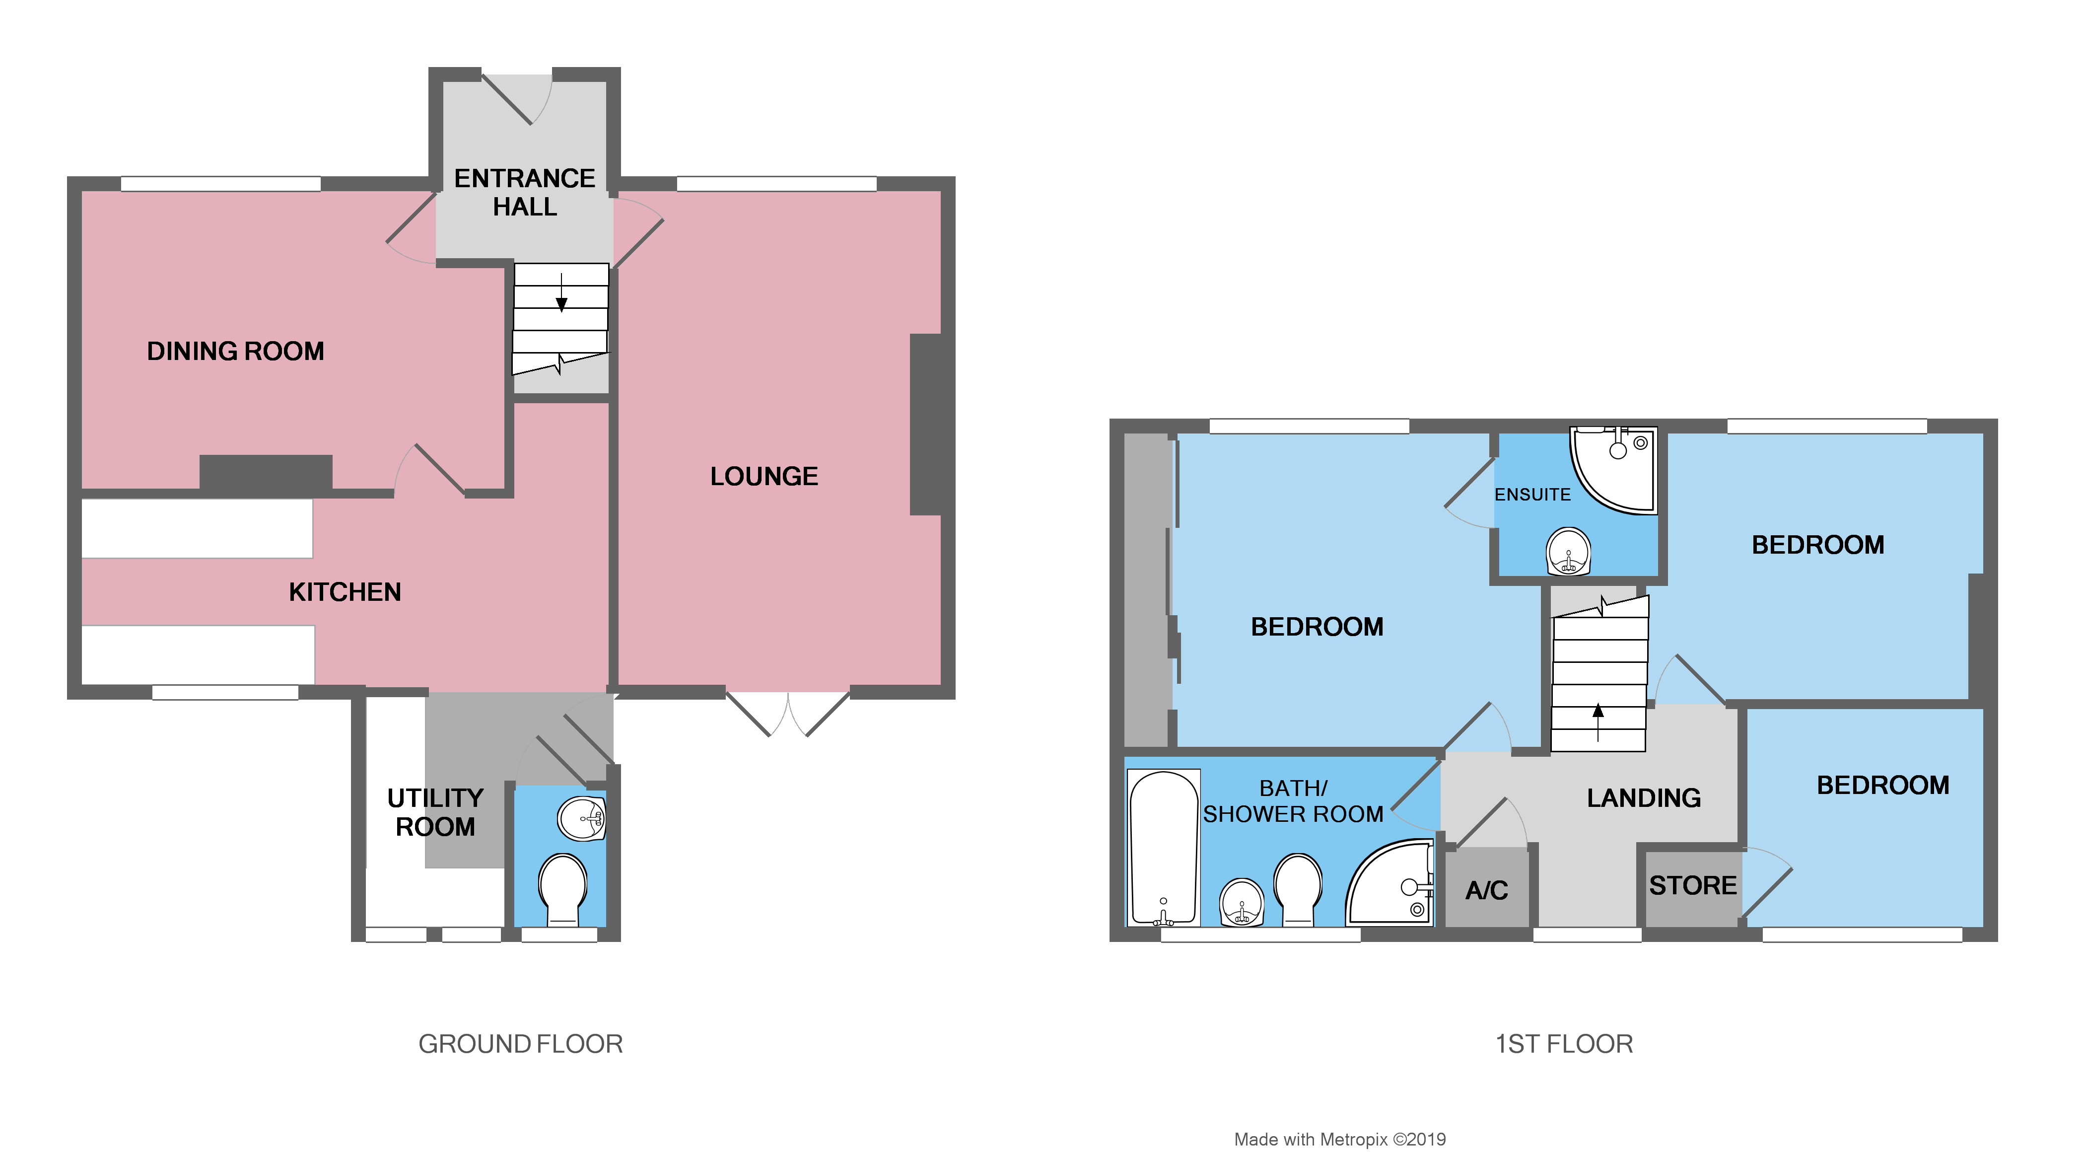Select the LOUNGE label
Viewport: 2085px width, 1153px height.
[x=764, y=476]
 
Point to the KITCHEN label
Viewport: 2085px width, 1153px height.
[x=345, y=592]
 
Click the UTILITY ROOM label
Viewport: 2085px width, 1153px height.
[x=435, y=812]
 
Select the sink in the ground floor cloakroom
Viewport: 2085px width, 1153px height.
[x=581, y=819]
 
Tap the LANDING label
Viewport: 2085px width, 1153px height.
[x=1643, y=798]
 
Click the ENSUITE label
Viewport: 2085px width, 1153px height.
[x=1531, y=495]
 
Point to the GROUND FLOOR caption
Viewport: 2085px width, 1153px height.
[x=520, y=1044]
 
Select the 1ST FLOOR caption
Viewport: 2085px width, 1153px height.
[x=1564, y=1044]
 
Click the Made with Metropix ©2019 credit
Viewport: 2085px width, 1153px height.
[x=1339, y=1139]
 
